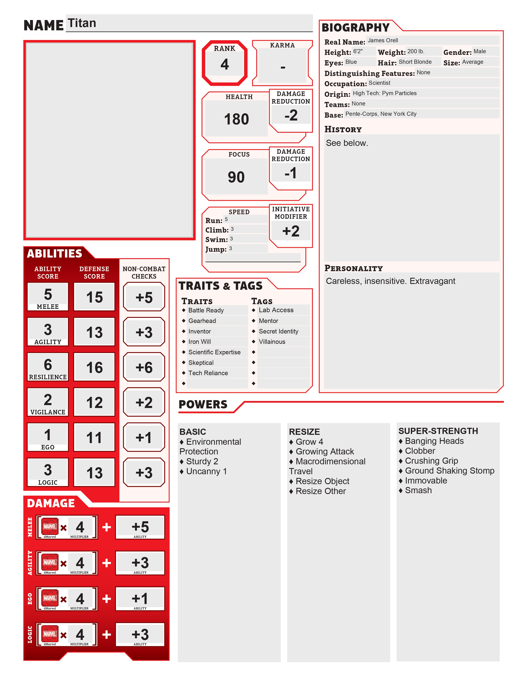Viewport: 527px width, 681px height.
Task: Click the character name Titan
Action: [82, 23]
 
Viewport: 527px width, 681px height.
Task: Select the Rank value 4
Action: [224, 64]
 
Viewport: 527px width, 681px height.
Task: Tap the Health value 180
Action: [236, 119]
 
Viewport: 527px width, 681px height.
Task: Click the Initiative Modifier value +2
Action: [291, 231]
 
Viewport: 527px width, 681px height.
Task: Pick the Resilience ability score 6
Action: [48, 364]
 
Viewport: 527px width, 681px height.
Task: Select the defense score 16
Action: [94, 367]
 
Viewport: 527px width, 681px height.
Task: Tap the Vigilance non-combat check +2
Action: [144, 402]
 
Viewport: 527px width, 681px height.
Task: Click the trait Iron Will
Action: [199, 342]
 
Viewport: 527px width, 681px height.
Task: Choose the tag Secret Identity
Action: [279, 331]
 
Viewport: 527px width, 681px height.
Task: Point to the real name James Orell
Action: [383, 40]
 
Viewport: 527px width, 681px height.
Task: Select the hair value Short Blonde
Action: [415, 62]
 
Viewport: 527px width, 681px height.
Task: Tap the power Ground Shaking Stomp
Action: [449, 471]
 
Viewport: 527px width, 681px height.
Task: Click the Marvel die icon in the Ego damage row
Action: [50, 598]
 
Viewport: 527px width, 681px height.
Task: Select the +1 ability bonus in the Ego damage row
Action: [140, 598]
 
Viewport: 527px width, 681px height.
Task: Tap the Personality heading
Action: [353, 268]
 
